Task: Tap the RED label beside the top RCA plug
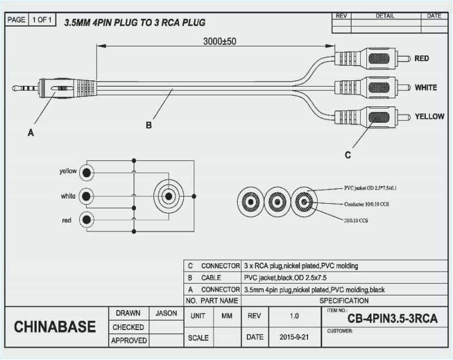pos(421,58)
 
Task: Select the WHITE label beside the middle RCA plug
pos(425,88)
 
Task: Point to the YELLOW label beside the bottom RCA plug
pos(429,116)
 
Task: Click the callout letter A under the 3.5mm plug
pos(31,133)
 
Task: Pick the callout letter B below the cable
pos(148,126)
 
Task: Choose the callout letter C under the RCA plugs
pos(348,155)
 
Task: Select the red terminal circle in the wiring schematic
pos(86,220)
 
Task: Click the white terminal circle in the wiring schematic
pos(86,196)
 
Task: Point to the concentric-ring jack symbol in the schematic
pos(168,196)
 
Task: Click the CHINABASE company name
pos(55,327)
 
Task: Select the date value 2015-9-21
pos(293,337)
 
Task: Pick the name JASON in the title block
pos(166,313)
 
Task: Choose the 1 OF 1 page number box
pos(42,20)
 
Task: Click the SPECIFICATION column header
pos(344,301)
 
